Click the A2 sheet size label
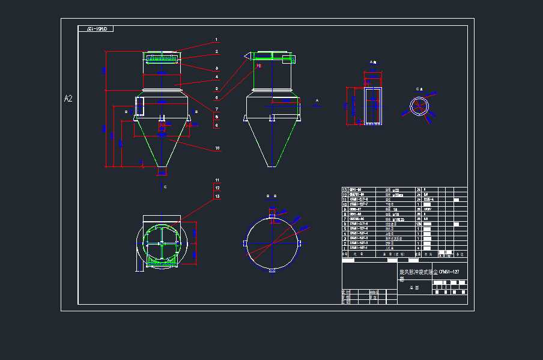[68, 99]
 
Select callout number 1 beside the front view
[216, 40]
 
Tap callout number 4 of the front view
[216, 77]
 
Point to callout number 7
[216, 109]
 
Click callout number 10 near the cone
[217, 148]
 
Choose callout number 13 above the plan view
[217, 197]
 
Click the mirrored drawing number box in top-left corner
[96, 29]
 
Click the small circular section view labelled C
[420, 106]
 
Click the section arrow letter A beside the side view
[317, 100]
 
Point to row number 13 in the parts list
[345, 190]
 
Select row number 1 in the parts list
[345, 248]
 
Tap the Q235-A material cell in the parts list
[429, 200]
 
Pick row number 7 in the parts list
[345, 219]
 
